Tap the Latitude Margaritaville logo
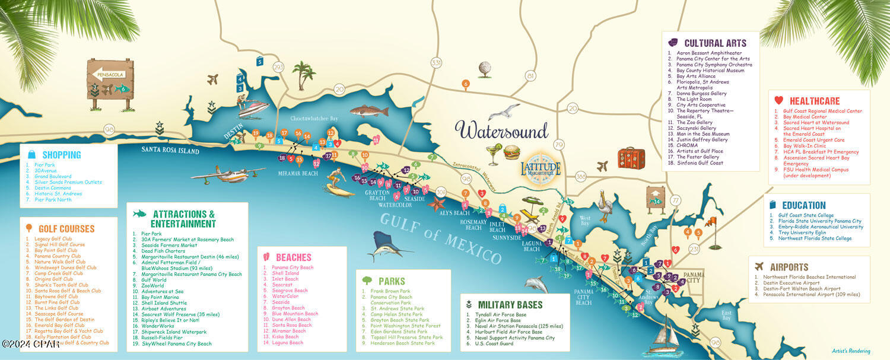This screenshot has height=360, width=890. coord(540,168)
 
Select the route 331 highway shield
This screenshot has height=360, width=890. coord(437,63)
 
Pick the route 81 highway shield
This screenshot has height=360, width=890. coord(530,76)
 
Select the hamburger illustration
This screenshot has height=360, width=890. coord(512,152)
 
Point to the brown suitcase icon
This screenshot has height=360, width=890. coord(630,158)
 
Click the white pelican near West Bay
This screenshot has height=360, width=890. coord(605,208)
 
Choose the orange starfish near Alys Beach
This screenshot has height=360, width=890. coord(438,204)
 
